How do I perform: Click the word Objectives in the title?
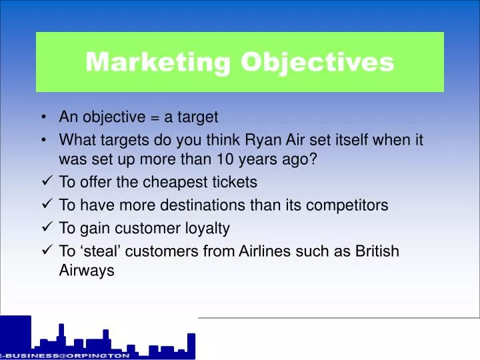pos(317,62)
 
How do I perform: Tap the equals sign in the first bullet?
pos(154,118)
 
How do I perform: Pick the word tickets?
pos(234,182)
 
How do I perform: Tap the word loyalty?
pos(207,228)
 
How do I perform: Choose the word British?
pos(377,251)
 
